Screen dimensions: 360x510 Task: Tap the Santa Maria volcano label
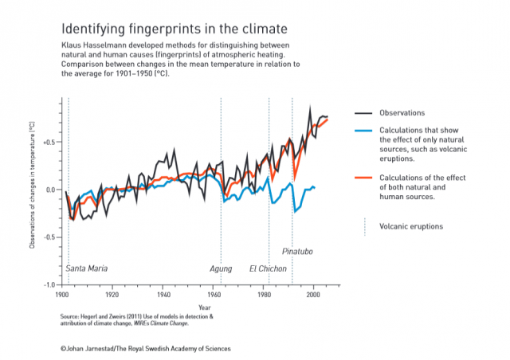(x=86, y=268)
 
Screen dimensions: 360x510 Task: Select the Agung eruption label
(x=221, y=268)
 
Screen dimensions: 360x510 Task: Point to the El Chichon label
(x=268, y=268)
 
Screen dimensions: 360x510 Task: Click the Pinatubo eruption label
(x=297, y=252)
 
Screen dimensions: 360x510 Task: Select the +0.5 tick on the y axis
(x=48, y=143)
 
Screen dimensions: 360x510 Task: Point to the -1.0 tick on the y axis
(x=49, y=284)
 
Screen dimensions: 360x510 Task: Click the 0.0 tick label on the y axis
(x=49, y=190)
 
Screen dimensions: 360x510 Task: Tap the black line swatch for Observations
(x=365, y=112)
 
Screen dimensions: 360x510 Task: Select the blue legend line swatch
(x=365, y=130)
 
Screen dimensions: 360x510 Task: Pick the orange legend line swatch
(x=365, y=178)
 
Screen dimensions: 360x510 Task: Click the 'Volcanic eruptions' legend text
(x=411, y=226)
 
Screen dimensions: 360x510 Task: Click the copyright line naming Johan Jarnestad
(x=146, y=349)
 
